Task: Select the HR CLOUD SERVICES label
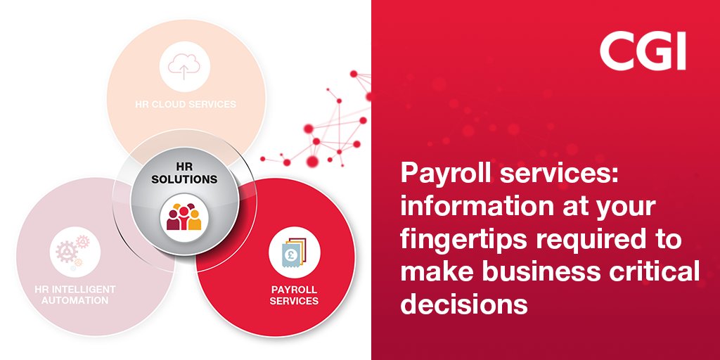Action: point(186,104)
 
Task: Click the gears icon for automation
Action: point(70,250)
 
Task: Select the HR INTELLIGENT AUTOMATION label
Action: point(75,295)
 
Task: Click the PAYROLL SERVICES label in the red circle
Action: point(295,295)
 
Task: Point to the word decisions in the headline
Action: point(464,304)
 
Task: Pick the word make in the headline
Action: point(432,273)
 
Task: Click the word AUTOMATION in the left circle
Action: point(75,300)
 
